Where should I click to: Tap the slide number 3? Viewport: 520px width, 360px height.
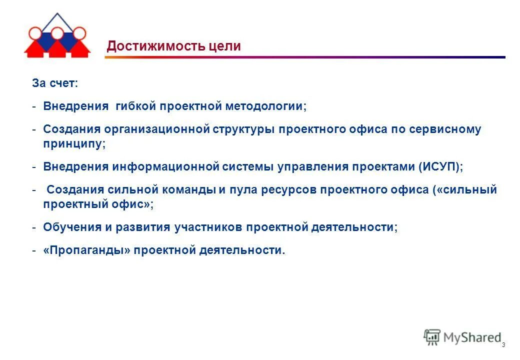503,345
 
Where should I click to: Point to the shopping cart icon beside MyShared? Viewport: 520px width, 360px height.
432,337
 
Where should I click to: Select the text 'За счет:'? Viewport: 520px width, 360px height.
55,83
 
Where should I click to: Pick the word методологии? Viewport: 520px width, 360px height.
265,106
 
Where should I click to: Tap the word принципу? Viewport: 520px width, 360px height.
74,143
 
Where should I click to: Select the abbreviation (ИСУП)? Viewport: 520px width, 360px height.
440,166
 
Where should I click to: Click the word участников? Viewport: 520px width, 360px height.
209,227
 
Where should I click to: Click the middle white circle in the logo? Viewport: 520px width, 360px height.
57,33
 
